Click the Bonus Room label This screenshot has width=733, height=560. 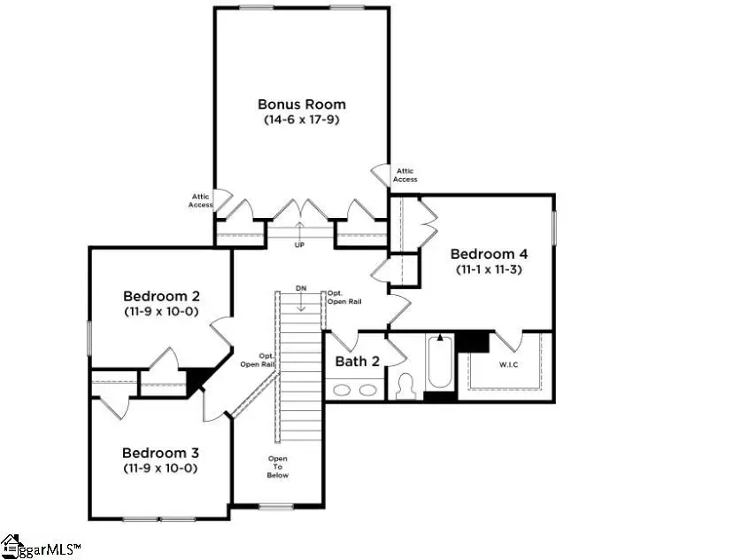click(302, 105)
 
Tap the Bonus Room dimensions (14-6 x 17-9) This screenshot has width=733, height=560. click(302, 119)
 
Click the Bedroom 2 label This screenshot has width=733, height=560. click(161, 296)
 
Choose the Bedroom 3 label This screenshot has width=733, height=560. click(160, 453)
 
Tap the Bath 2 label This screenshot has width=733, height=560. click(358, 362)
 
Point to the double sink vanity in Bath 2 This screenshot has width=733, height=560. click(354, 389)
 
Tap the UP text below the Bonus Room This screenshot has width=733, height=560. click(299, 245)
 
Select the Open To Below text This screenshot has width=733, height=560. click(278, 467)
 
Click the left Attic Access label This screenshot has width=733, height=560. click(200, 201)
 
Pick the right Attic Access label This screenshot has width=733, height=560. click(405, 175)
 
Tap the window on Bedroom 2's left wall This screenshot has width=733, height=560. click(89, 338)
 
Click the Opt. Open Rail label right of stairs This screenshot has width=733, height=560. click(343, 297)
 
